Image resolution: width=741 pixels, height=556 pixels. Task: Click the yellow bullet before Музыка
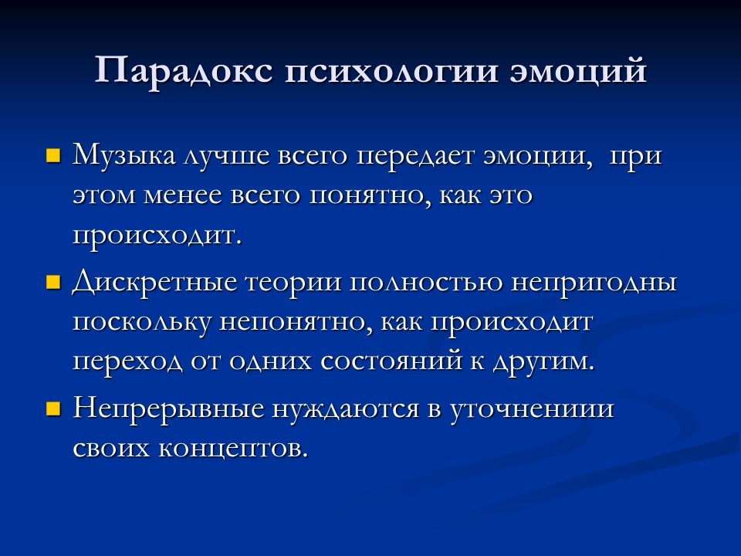pyautogui.click(x=53, y=157)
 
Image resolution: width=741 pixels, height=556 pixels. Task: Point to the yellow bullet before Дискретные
pyautogui.click(x=53, y=283)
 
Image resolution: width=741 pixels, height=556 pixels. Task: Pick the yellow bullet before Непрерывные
pyautogui.click(x=53, y=408)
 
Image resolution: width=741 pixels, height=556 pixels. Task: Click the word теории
pyautogui.click(x=293, y=283)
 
